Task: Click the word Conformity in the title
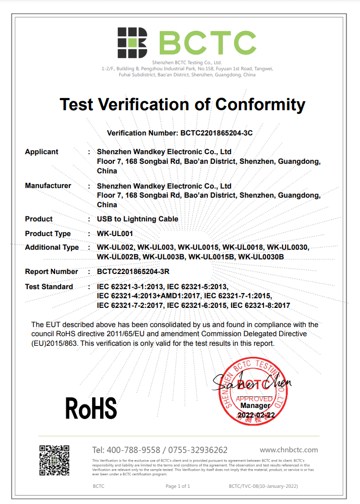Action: coord(260,105)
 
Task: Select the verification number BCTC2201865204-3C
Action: coord(216,133)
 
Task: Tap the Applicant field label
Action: coord(41,152)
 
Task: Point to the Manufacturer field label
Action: coord(48,186)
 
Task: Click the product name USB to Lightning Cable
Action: coord(138,219)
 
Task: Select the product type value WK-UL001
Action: coord(115,234)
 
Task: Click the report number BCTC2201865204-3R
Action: coord(132,271)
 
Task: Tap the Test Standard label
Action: coord(49,287)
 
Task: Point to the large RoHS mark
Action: coord(91,408)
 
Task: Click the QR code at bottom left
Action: coord(54,460)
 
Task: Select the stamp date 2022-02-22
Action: coord(256,415)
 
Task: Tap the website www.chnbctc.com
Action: coord(289,450)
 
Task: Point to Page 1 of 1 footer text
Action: coord(178,486)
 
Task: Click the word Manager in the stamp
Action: coord(256,405)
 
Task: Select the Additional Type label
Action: coord(52,247)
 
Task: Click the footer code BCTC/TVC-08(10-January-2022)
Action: coord(263,486)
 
